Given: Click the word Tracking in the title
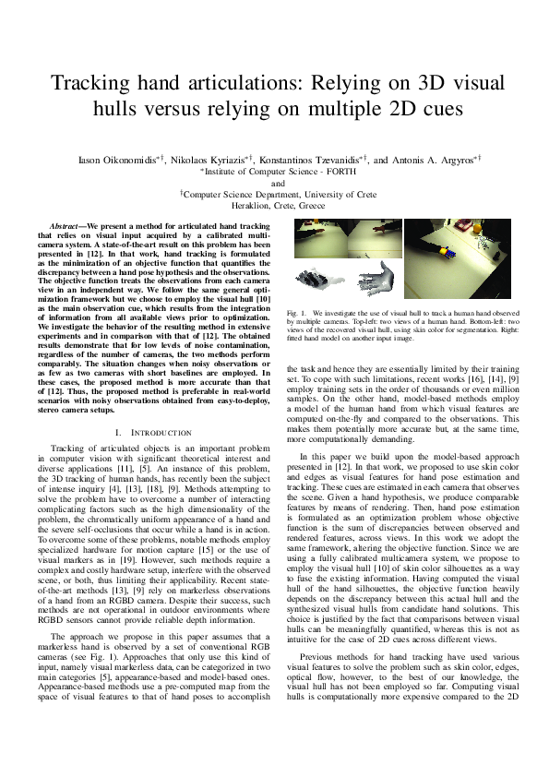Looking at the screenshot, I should (x=90, y=84).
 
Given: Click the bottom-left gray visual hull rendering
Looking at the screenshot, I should (x=316, y=280).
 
